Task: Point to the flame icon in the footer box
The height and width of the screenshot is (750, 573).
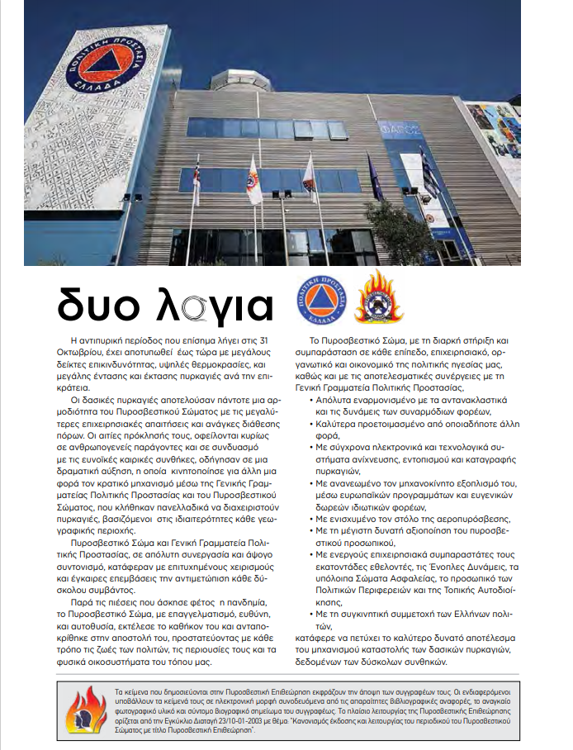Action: tap(85, 708)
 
